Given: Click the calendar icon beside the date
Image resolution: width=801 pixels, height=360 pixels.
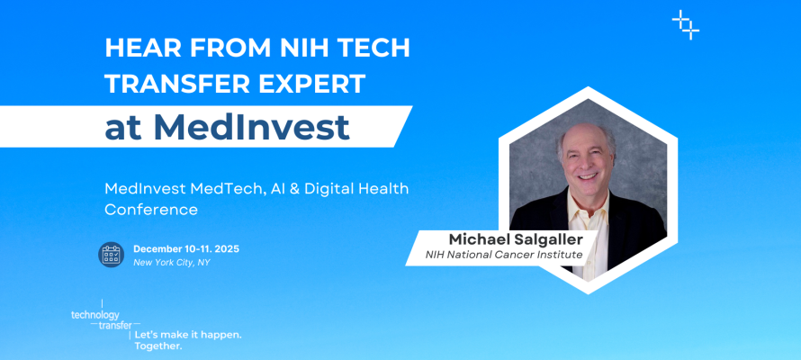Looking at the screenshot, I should point(111,255).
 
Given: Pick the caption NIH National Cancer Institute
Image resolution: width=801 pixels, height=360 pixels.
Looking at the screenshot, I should point(504,256).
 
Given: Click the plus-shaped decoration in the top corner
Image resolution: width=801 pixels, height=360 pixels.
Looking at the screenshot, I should point(686,24).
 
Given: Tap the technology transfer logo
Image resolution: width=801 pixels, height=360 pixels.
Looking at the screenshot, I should point(101,319).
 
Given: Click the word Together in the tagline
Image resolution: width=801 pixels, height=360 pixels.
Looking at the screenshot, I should point(157,346).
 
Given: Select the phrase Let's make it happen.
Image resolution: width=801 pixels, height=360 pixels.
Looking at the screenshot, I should point(187,334).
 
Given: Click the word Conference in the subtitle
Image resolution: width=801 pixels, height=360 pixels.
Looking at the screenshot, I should point(151,209).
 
